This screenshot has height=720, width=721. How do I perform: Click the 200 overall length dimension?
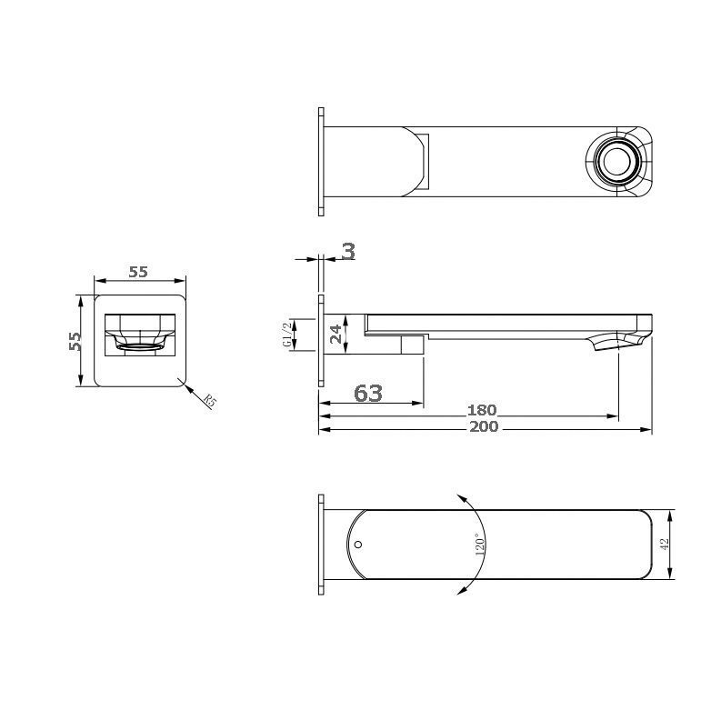(484, 426)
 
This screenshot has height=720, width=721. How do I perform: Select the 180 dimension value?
(482, 410)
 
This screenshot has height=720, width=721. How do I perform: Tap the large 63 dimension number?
(368, 393)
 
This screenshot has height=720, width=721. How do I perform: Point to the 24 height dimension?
(336, 334)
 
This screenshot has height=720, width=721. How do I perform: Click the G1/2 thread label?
(287, 335)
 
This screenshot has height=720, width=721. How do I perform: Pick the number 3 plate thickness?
(349, 252)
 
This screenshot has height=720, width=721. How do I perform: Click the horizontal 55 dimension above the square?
(138, 272)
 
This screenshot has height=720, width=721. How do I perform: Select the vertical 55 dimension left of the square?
(75, 341)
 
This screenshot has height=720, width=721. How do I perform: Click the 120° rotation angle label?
(479, 545)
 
